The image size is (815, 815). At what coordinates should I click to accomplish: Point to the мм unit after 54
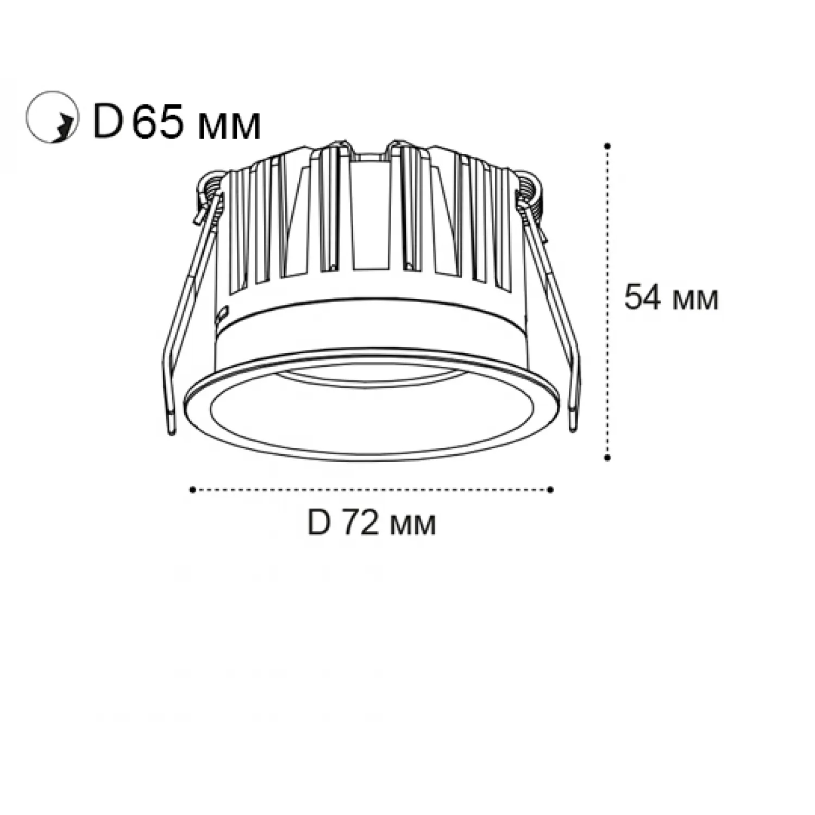(x=694, y=300)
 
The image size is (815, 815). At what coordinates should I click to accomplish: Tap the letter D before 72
(x=319, y=523)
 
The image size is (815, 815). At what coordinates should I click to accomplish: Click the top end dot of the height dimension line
(x=607, y=146)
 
